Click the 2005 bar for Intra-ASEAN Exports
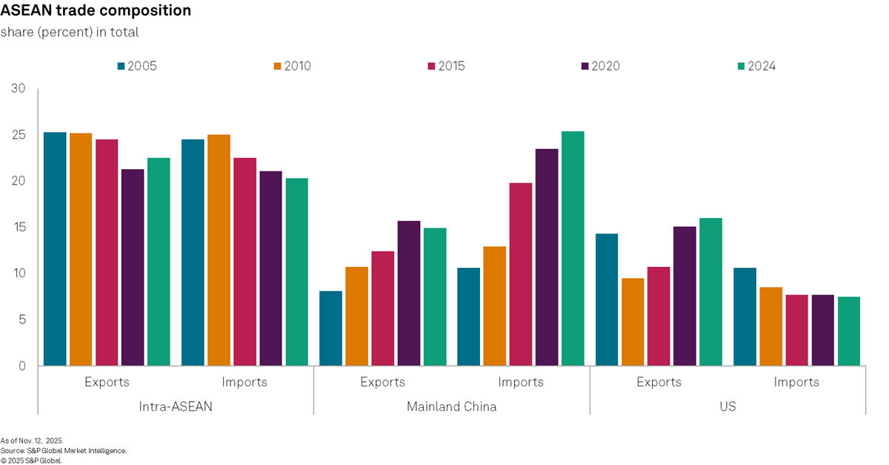[x=55, y=249]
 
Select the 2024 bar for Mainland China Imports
[x=573, y=248]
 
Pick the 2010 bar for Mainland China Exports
[x=356, y=316]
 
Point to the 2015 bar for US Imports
[x=796, y=330]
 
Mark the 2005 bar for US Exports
[x=607, y=300]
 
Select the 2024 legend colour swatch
[x=741, y=66]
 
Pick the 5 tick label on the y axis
[x=22, y=320]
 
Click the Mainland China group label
[x=452, y=406]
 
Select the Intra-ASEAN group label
[x=176, y=406]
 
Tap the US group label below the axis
[x=727, y=406]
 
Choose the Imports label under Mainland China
[x=521, y=382]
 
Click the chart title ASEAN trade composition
[x=96, y=11]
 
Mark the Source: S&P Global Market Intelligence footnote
[x=63, y=450]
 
